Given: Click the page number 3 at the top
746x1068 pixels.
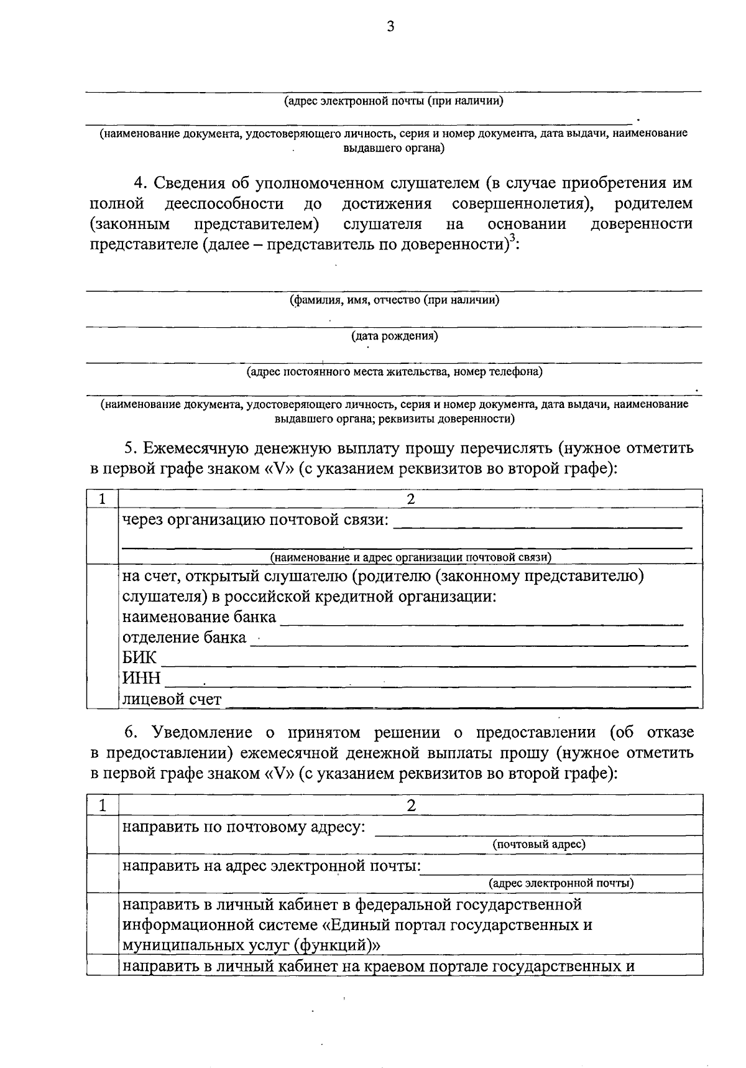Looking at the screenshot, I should [390, 26].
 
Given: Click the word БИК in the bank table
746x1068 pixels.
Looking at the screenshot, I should [139, 657].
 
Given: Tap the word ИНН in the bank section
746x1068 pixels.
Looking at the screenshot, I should [141, 678].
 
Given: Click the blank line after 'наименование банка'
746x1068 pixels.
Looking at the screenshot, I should [482, 622].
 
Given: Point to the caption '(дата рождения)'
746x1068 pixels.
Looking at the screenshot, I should [394, 337].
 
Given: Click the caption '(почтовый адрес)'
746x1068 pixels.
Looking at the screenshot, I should [539, 844].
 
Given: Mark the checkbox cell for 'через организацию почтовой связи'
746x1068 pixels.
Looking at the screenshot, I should [102, 535].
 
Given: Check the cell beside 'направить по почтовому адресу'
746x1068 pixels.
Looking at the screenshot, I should [102, 834].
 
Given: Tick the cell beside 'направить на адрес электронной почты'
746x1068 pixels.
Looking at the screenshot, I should [102, 873].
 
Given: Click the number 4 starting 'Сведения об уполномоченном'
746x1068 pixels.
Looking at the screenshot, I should [139, 183].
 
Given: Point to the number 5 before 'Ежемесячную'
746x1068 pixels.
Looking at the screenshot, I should [129, 448].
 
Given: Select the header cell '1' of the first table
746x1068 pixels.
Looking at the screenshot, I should [102, 499].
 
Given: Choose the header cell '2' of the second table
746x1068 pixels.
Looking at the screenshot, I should [410, 806].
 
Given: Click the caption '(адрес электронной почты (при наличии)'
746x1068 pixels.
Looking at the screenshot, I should [394, 101].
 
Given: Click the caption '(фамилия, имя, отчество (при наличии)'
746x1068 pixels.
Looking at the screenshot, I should [394, 300].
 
